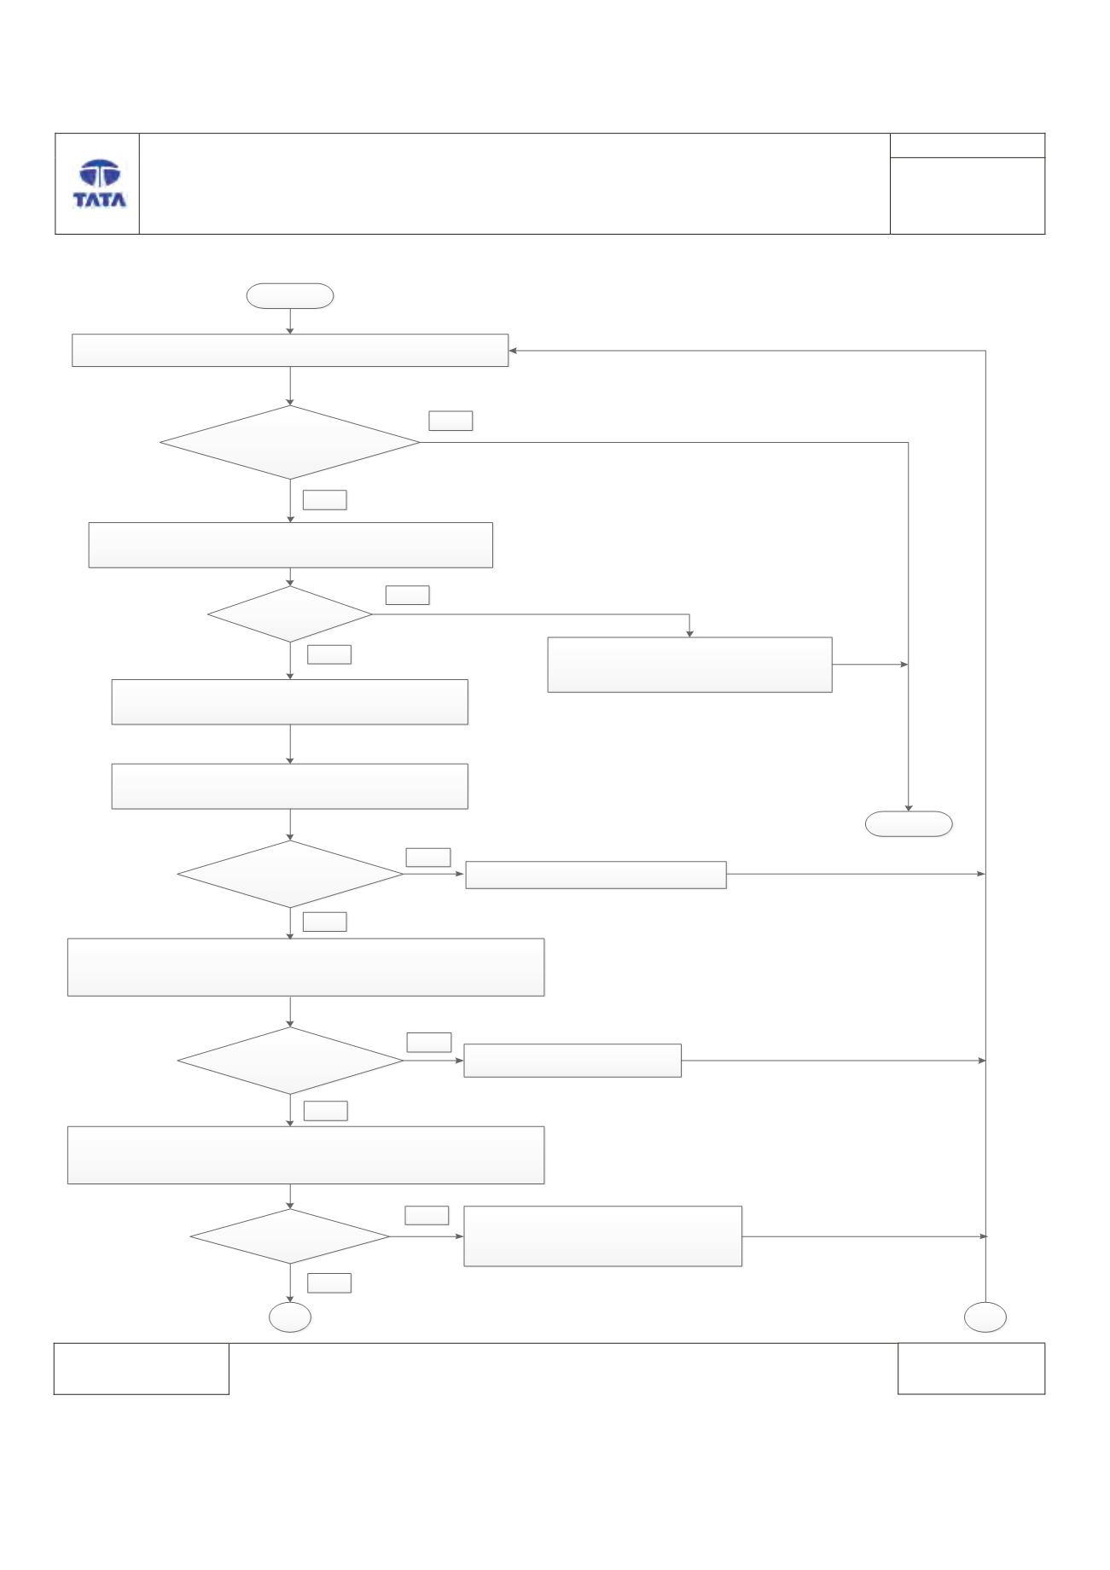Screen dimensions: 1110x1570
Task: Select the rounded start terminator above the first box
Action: [289, 295]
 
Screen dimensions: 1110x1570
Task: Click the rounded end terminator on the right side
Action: [909, 823]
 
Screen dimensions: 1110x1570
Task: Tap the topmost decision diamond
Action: [290, 442]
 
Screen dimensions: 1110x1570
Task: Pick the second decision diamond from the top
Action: [290, 614]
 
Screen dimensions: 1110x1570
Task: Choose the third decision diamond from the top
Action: [290, 874]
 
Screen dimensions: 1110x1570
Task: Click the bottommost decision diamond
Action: [290, 1236]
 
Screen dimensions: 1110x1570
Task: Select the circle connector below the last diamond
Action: [290, 1318]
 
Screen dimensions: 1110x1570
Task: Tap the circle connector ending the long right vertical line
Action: [985, 1318]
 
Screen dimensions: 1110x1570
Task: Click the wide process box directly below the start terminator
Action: [290, 350]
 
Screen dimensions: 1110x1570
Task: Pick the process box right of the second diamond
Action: [689, 665]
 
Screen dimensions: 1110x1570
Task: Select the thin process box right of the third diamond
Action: [596, 875]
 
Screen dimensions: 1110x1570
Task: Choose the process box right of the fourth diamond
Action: [572, 1061]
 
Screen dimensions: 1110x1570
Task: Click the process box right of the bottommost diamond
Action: [602, 1236]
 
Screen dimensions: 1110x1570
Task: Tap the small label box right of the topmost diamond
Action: [450, 421]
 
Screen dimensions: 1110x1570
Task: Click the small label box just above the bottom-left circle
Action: [329, 1282]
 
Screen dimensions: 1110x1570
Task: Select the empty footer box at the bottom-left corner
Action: [142, 1369]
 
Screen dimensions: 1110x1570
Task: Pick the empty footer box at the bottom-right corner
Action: [971, 1369]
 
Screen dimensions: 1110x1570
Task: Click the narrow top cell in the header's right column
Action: [968, 145]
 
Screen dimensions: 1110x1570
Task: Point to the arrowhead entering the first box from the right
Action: [513, 350]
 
